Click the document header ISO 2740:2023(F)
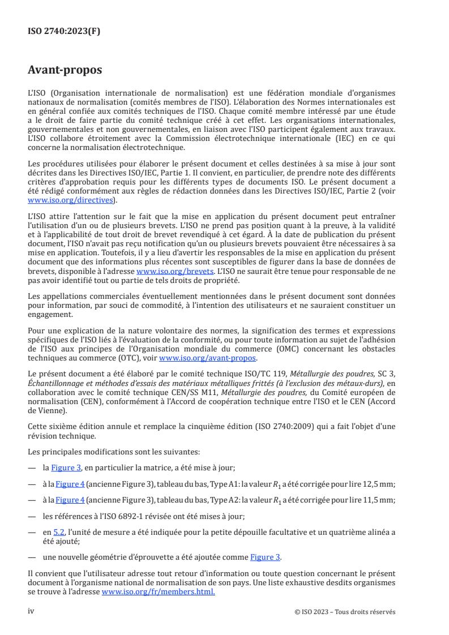tap(64, 32)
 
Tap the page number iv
tap(32, 611)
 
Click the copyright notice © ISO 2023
tap(345, 612)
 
